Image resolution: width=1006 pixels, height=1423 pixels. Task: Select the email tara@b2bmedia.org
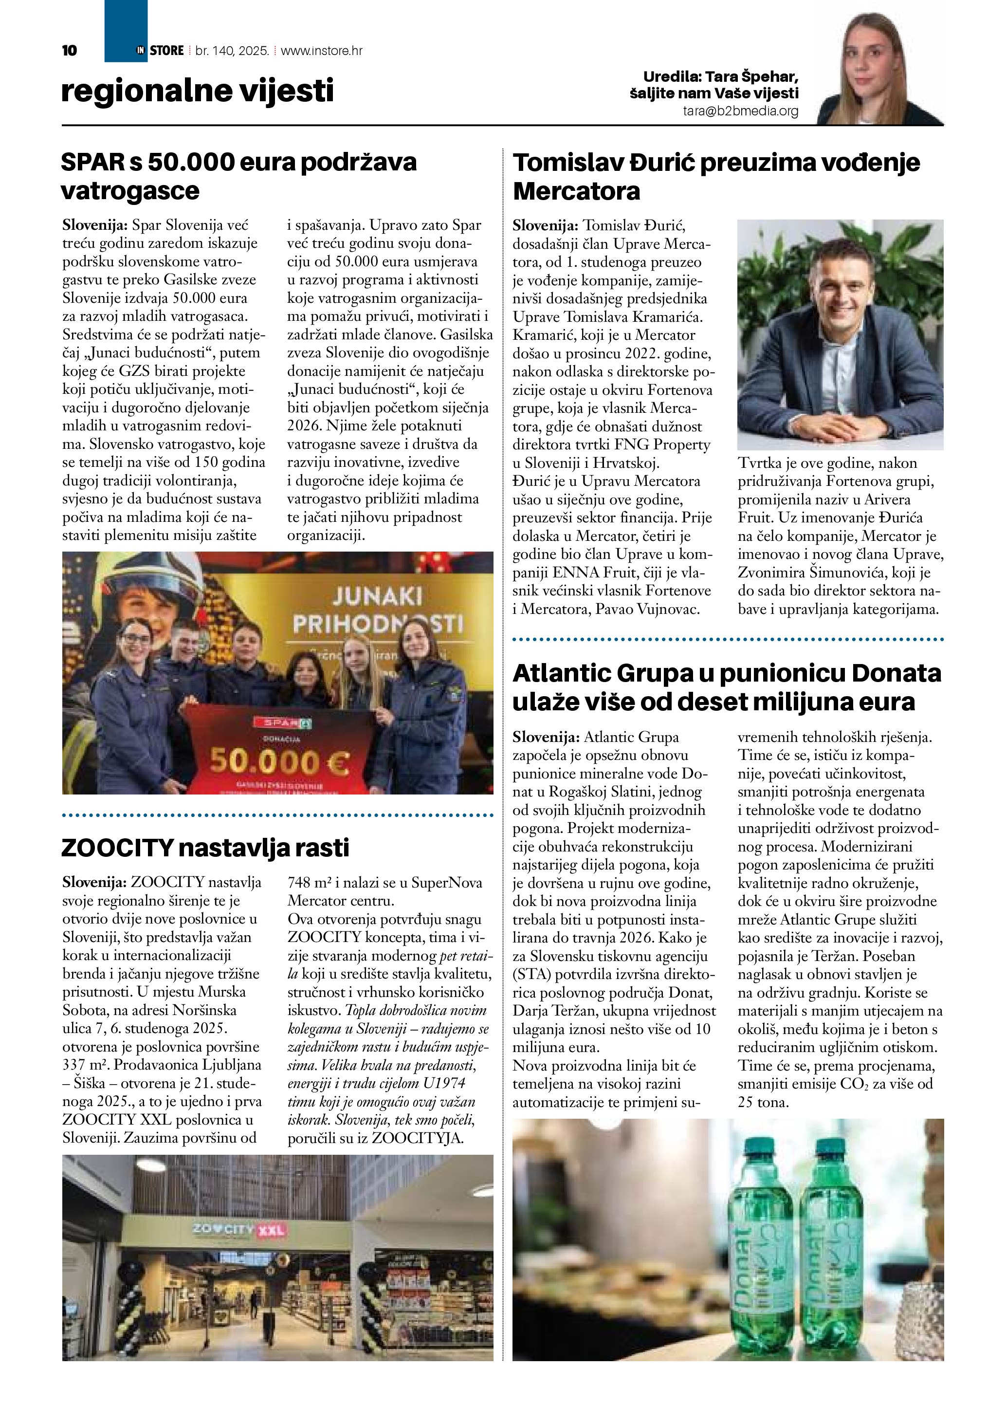click(740, 111)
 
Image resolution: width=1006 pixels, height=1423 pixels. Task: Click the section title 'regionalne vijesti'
click(197, 91)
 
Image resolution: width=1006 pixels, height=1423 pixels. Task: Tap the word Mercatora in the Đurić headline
click(576, 191)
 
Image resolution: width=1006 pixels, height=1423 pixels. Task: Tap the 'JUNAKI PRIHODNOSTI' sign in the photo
click(377, 610)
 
